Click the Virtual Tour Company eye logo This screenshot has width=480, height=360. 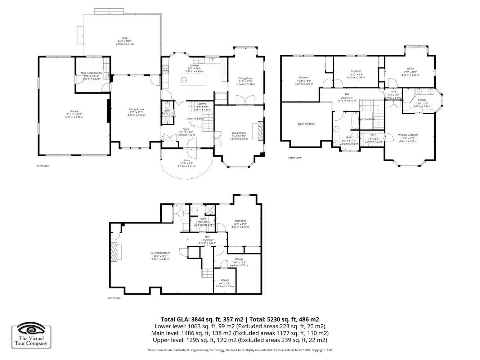click(31, 329)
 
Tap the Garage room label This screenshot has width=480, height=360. click(74, 111)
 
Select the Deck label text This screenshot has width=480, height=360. click(125, 38)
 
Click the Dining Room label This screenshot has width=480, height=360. click(246, 78)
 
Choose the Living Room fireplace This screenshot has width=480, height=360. click(260, 130)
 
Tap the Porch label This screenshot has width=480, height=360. click(187, 161)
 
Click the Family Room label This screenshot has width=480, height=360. click(136, 109)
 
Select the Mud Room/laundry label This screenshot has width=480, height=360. click(91, 73)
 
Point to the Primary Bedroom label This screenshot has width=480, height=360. click(408, 135)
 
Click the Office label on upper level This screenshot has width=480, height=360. click(410, 69)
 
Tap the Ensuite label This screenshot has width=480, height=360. click(422, 100)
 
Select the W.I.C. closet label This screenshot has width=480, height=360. click(373, 135)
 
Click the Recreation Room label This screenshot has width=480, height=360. click(160, 253)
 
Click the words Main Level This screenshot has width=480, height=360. click(43, 166)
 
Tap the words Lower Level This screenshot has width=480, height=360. click(115, 298)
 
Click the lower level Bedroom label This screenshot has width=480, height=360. click(240, 221)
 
